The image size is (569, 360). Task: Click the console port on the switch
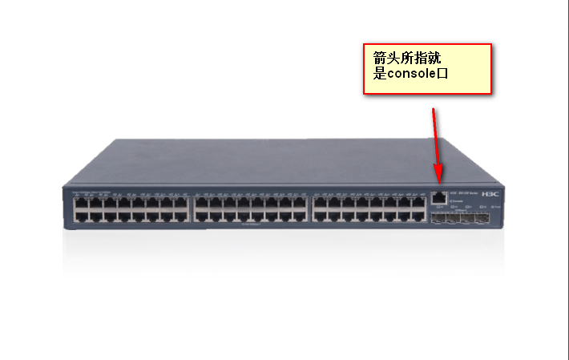click(439, 196)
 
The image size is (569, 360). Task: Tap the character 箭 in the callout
click(380, 59)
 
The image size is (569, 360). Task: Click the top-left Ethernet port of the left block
click(80, 204)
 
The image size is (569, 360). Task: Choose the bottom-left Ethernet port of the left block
click(80, 216)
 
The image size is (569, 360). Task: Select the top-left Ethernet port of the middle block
click(200, 204)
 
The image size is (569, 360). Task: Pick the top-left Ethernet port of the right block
click(319, 204)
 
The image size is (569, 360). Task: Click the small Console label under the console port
click(458, 201)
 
